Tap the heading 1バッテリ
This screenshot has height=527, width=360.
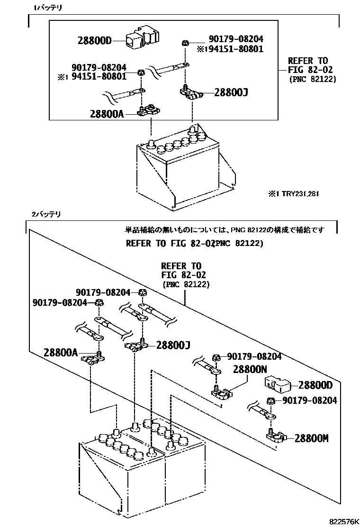point(48,8)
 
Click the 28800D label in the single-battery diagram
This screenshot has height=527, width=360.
point(94,40)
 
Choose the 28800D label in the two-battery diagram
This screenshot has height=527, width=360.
point(316,385)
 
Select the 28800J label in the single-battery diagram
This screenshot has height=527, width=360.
point(231,92)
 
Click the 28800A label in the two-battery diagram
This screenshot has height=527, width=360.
point(60,352)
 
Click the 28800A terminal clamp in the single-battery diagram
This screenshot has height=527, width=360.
point(149,111)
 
